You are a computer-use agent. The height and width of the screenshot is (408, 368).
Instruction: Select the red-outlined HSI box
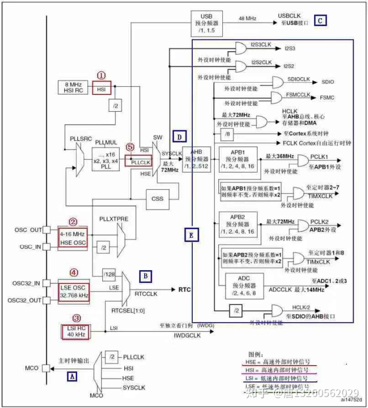click(101, 89)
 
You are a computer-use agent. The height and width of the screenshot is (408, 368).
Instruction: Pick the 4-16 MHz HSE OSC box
click(73, 237)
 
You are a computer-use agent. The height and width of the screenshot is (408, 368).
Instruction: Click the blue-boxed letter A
click(73, 376)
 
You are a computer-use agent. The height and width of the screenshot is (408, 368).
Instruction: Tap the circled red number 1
click(101, 75)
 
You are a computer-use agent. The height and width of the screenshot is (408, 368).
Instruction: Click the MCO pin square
click(47, 367)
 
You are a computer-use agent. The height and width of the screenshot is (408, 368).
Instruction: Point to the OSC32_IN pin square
click(47, 283)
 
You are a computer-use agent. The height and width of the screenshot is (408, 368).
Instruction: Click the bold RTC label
click(184, 289)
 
